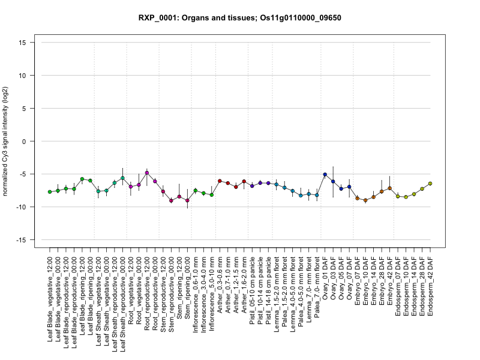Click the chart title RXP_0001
click(240, 18)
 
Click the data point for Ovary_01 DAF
click(325, 175)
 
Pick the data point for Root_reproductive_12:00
click(147, 173)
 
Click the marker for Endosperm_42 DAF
click(430, 184)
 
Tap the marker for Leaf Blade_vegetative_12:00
click(50, 191)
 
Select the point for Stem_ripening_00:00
click(187, 200)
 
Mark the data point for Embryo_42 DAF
click(389, 188)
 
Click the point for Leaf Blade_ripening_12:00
click(82, 179)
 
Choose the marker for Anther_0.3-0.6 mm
click(220, 181)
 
